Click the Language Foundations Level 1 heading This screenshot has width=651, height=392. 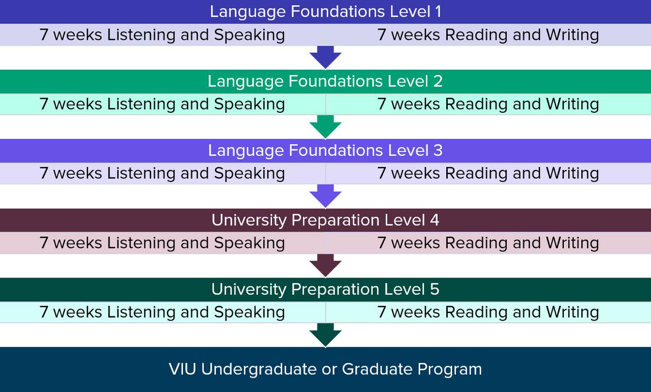click(x=325, y=12)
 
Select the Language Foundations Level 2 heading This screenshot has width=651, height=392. click(x=325, y=81)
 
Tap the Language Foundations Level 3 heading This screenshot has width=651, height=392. click(x=325, y=151)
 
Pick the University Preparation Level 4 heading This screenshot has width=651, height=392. click(x=325, y=220)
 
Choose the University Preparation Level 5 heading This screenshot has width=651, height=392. click(x=325, y=289)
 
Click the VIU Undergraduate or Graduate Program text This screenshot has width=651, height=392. click(x=325, y=369)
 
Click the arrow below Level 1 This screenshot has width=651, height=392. click(x=325, y=57)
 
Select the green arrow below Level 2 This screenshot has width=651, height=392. click(x=325, y=126)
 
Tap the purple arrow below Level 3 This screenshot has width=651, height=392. click(x=325, y=195)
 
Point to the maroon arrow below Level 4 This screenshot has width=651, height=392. click(x=325, y=265)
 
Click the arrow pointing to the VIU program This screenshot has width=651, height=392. click(x=325, y=334)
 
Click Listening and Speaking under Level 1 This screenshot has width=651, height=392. click(x=162, y=35)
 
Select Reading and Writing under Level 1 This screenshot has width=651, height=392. click(x=488, y=35)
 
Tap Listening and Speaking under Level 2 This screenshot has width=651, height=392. click(x=162, y=104)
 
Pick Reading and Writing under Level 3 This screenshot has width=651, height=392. click(x=488, y=173)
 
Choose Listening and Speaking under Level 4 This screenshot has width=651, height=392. click(x=162, y=243)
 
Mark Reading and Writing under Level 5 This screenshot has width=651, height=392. click(x=488, y=312)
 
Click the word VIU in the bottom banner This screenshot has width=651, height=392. click(x=183, y=369)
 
